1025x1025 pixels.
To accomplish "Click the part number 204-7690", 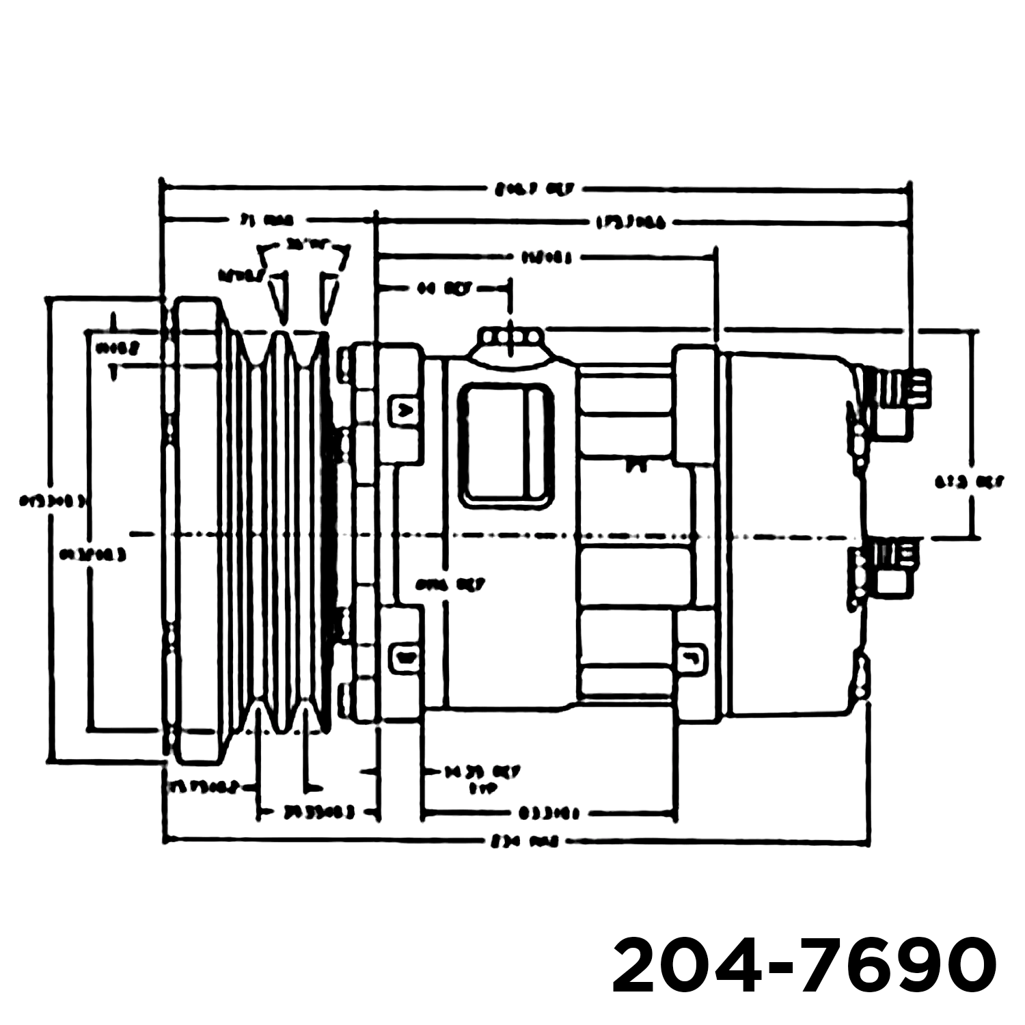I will (804, 966).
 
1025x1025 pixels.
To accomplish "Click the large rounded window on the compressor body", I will (506, 446).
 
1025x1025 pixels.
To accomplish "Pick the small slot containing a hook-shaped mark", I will (692, 657).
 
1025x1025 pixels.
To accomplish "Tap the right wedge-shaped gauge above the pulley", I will (329, 296).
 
